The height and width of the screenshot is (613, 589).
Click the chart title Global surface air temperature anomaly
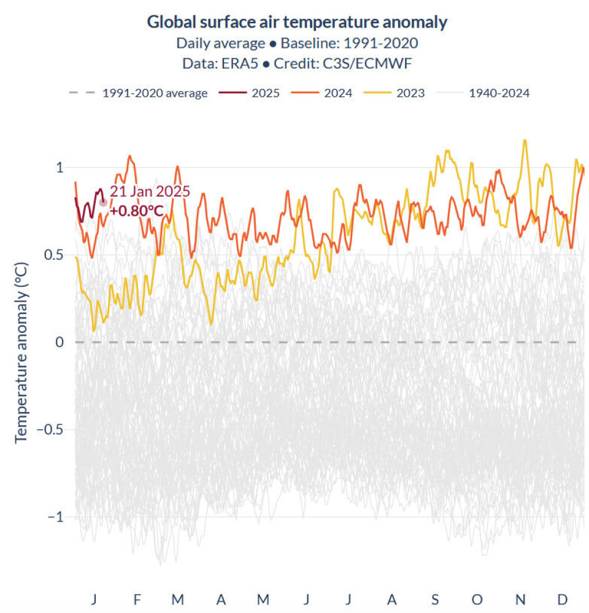pyautogui.click(x=297, y=23)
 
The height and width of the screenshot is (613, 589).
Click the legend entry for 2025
pyautogui.click(x=265, y=93)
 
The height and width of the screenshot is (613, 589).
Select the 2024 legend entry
pyautogui.click(x=338, y=93)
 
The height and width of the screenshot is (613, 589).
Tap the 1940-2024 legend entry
pyautogui.click(x=498, y=93)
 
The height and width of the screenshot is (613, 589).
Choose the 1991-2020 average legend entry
pyautogui.click(x=155, y=93)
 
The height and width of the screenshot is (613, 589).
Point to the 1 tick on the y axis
pyautogui.click(x=60, y=167)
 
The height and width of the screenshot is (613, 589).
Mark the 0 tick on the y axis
pyautogui.click(x=60, y=342)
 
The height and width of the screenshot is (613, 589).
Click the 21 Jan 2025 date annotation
pyautogui.click(x=150, y=191)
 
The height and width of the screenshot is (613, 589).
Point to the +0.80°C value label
pyautogui.click(x=137, y=211)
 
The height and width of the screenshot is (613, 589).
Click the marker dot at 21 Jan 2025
pyautogui.click(x=103, y=202)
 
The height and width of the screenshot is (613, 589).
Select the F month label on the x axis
pyautogui.click(x=137, y=599)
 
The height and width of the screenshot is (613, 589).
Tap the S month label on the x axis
pyautogui.click(x=435, y=599)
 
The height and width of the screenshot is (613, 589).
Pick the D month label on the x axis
pyautogui.click(x=562, y=599)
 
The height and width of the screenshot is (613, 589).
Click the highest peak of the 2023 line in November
pyautogui.click(x=525, y=140)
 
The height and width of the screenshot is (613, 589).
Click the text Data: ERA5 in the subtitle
pyautogui.click(x=218, y=63)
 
